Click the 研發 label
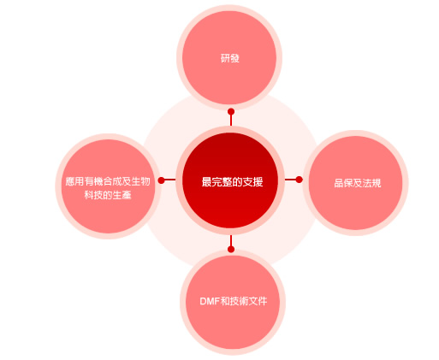230,58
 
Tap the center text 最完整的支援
232,182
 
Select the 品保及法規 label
357,183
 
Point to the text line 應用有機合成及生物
108,181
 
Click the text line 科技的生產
108,195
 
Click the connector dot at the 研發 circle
231,111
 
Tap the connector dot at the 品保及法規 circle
299,180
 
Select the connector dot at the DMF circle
231,249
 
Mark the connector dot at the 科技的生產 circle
162,180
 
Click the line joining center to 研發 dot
231,120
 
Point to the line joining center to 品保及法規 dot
290,180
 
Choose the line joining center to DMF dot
231,240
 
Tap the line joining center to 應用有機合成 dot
170,180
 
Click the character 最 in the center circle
206,182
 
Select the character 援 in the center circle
258,182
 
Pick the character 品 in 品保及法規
339,183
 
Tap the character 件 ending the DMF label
262,301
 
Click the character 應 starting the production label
70,181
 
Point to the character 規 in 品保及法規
376,183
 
